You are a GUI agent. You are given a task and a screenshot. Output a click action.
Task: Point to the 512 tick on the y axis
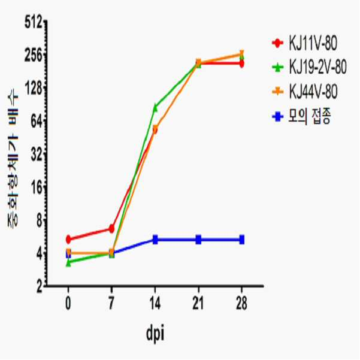coord(34,23)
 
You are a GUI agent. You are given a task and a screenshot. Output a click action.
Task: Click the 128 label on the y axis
coord(34,89)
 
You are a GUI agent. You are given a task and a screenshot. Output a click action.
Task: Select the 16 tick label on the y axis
coord(37,188)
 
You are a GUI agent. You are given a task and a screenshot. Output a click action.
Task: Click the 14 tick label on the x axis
coord(155,303)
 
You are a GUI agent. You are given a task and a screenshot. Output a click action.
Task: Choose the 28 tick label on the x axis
coord(241,303)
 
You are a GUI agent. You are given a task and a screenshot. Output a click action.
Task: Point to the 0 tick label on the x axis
coord(68,303)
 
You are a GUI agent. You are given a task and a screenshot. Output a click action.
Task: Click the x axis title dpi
coord(155,334)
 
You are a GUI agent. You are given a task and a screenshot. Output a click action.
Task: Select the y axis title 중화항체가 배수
coord(13,161)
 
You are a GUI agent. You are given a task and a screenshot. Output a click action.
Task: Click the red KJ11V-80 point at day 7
coord(111,228)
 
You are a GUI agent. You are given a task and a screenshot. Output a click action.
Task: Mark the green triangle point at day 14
coord(155,107)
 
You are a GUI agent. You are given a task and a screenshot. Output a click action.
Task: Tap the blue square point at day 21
coord(198,240)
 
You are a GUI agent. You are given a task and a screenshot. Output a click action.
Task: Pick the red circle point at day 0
coord(68,239)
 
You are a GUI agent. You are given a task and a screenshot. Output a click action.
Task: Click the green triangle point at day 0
coord(68,263)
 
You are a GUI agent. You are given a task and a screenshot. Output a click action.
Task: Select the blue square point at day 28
coord(241,240)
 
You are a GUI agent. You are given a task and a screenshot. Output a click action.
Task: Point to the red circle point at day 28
coord(241,63)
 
